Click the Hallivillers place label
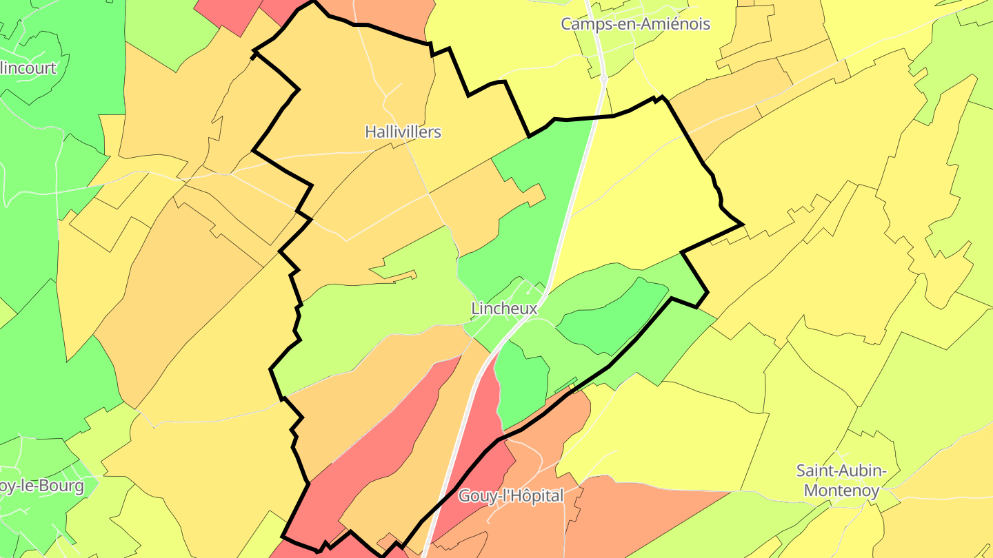point(403,132)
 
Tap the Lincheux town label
point(503,309)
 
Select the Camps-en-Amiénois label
point(635,24)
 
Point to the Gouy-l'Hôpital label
point(511,495)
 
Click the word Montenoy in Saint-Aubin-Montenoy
point(842,490)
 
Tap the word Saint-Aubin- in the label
point(841,471)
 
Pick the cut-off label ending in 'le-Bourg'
point(41,486)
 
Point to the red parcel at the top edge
point(228,14)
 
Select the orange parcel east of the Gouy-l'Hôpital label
point(641,510)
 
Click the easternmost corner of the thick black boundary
point(742,224)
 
